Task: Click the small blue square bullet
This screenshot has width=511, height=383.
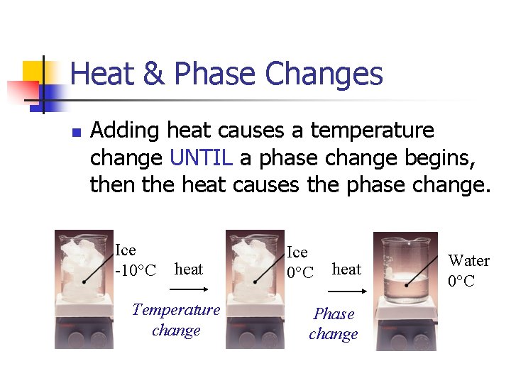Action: click(76, 132)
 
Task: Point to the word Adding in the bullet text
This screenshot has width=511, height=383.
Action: click(125, 131)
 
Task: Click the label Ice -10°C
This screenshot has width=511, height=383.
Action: click(135, 260)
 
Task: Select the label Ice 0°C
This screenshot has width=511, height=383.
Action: click(299, 262)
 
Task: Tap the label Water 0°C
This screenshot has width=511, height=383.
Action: click(468, 270)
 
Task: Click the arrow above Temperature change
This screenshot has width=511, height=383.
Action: click(188, 289)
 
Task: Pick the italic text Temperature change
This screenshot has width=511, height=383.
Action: click(176, 320)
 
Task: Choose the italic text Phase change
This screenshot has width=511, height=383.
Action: click(334, 323)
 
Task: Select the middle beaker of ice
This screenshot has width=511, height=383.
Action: click(253, 267)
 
